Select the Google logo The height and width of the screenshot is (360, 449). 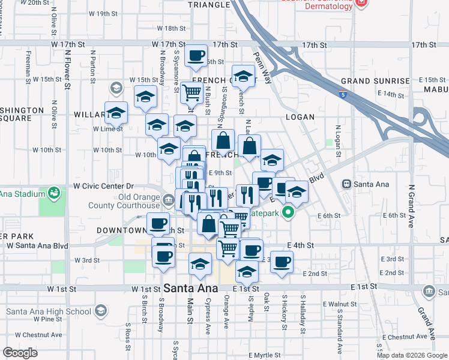(x=20, y=352)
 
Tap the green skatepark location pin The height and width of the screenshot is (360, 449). (x=289, y=212)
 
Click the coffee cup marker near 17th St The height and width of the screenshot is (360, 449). (x=196, y=56)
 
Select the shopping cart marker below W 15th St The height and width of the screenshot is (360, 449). (x=191, y=93)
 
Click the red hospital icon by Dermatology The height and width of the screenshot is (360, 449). (x=361, y=2)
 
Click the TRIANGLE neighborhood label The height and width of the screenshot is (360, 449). (x=208, y=4)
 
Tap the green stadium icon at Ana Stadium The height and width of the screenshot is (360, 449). (x=55, y=193)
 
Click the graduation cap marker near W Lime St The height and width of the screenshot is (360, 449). (x=116, y=112)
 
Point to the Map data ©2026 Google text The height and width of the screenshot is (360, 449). (x=412, y=355)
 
